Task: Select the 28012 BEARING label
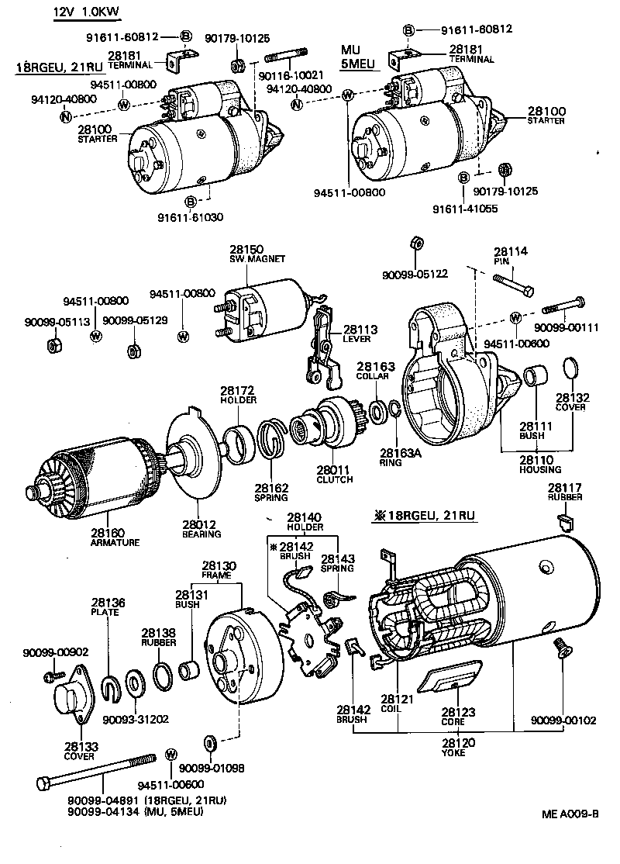(x=201, y=529)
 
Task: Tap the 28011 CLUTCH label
(x=334, y=474)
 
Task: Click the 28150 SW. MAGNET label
(x=257, y=254)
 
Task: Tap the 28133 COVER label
(x=80, y=750)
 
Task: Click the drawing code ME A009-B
(x=570, y=814)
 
